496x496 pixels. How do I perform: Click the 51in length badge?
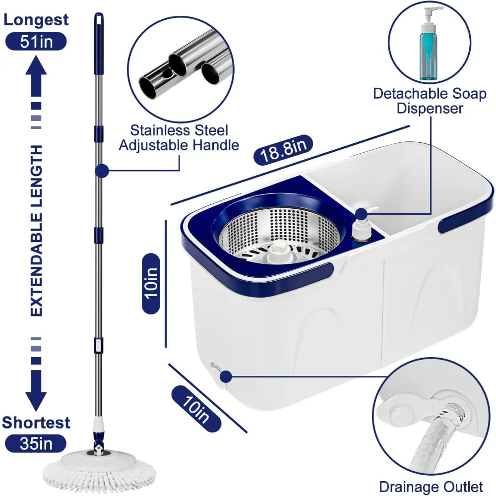point(36,42)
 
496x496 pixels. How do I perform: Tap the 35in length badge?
point(36,443)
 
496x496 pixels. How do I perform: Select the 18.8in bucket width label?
point(283,150)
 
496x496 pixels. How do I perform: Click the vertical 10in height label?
point(151,283)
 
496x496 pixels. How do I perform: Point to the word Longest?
point(36,20)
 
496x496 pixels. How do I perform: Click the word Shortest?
point(36,422)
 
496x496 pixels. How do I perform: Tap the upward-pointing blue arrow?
point(36,76)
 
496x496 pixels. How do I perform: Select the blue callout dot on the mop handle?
point(102,171)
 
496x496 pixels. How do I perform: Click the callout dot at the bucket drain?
point(226,376)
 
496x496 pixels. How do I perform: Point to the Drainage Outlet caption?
point(431,487)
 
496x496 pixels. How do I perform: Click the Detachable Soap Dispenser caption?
point(430,101)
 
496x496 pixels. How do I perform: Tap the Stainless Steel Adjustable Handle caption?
point(179,138)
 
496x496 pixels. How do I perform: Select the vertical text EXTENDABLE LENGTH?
point(36,231)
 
